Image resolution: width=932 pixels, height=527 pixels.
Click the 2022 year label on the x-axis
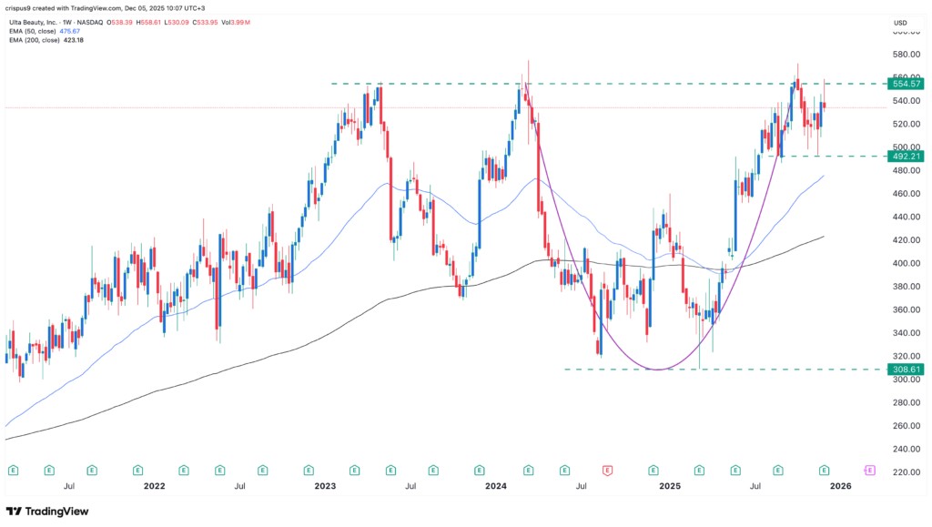pos(154,487)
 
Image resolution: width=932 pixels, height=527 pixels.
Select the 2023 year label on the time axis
pos(325,487)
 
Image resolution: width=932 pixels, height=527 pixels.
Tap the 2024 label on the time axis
pos(496,487)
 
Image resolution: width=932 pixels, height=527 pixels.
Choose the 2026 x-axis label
pos(840,487)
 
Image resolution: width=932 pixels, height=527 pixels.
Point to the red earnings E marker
pos(607,471)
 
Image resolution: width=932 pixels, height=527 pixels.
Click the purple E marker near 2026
pos(869,471)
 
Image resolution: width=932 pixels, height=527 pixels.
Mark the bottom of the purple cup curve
pos(657,370)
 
